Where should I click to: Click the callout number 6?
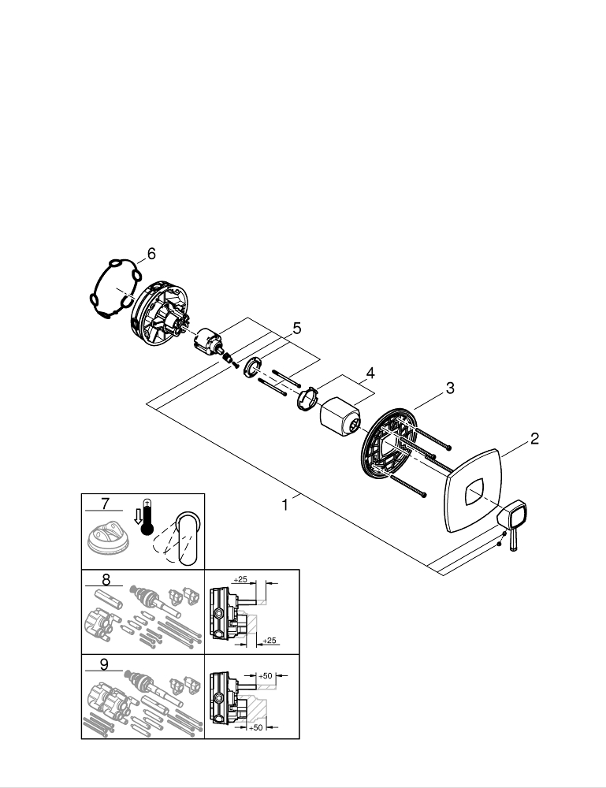click(151, 254)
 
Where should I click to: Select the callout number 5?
click(296, 327)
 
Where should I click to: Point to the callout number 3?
click(449, 388)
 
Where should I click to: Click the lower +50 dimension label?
click(257, 727)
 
